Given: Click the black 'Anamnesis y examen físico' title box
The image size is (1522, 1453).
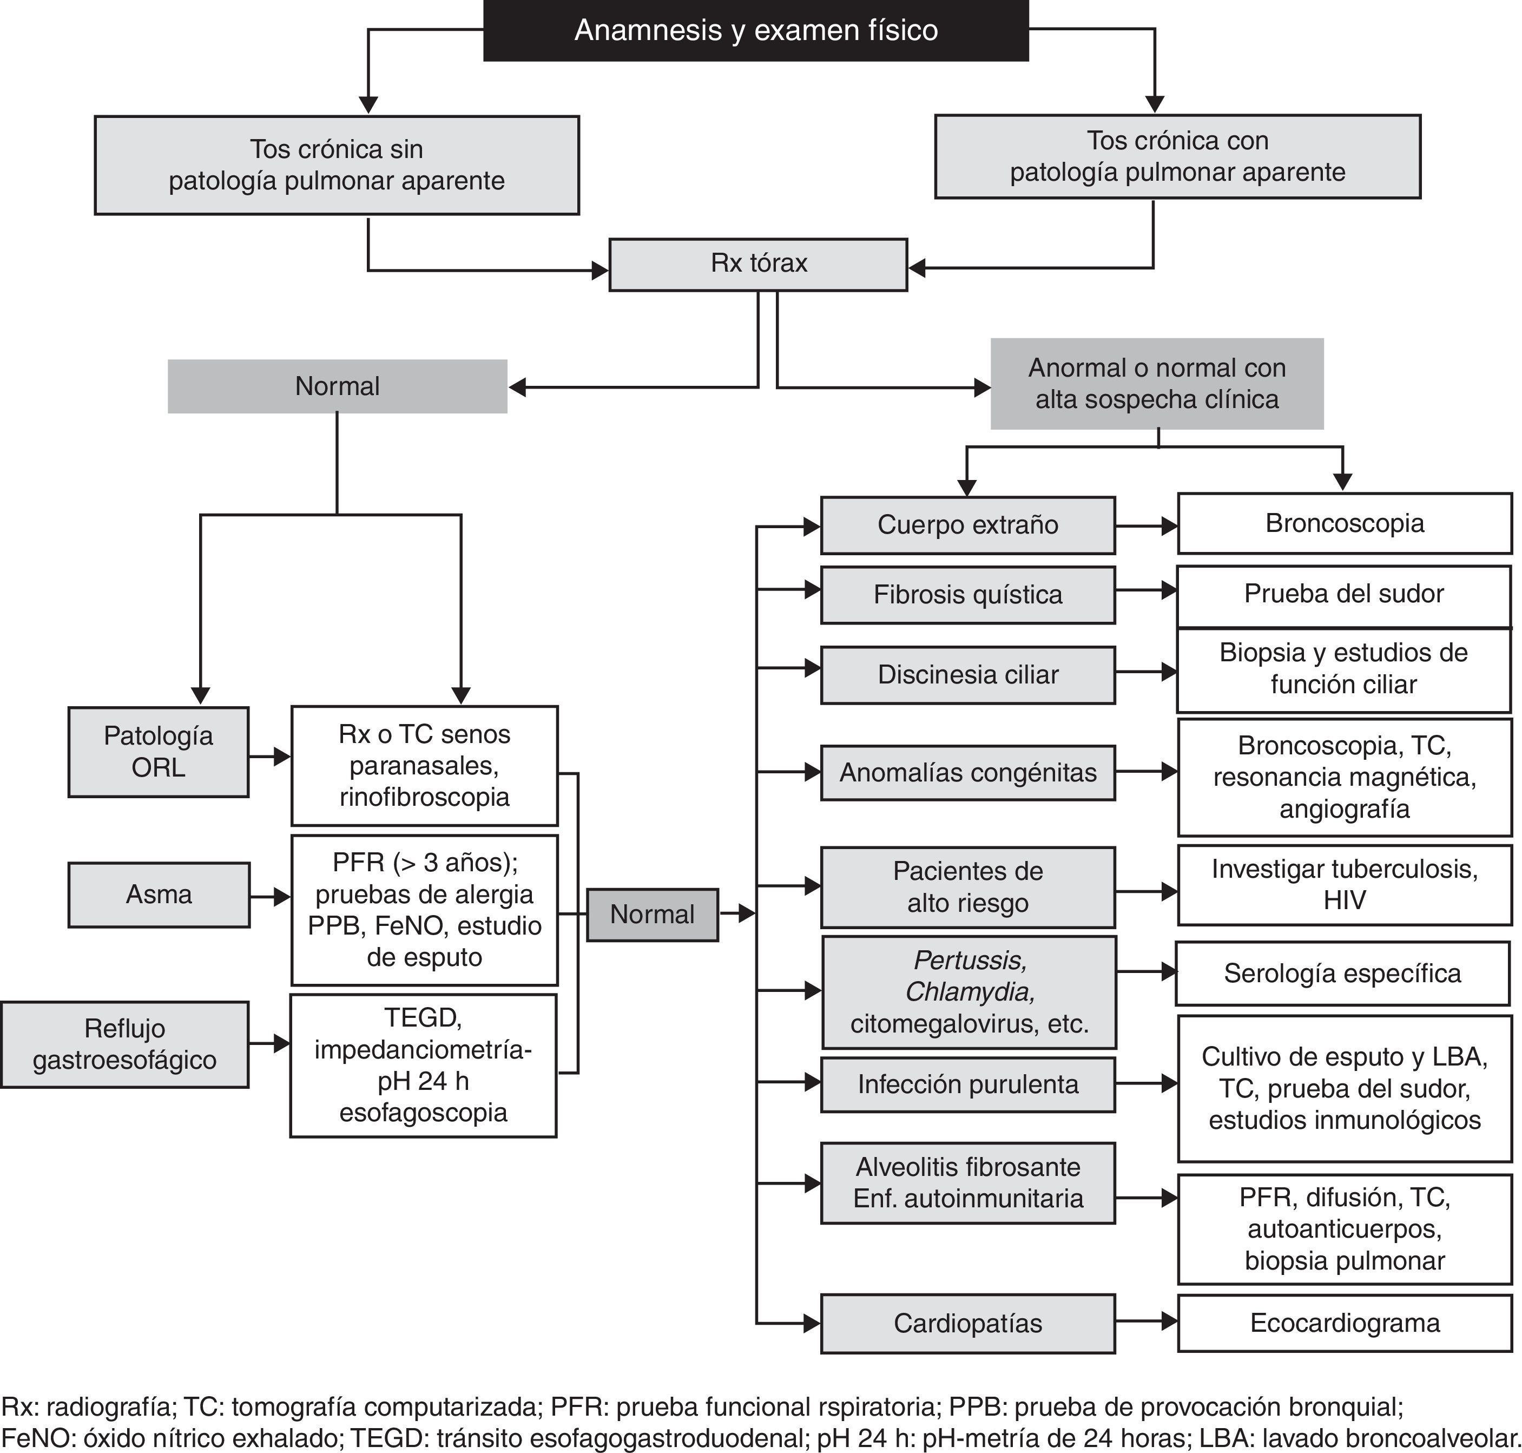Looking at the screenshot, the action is pos(756,30).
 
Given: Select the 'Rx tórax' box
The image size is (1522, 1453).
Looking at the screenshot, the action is pos(758,264).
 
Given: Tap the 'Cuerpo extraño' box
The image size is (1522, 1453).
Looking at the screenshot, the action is pos(968,525).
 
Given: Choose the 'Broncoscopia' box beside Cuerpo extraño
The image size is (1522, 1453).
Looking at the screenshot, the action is pos(1345,524).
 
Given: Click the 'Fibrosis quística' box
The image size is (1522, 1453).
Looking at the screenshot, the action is pos(968,595).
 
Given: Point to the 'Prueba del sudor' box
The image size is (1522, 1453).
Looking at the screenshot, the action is pos(1344,595).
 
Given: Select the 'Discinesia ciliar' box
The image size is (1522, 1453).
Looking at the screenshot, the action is pos(968,675).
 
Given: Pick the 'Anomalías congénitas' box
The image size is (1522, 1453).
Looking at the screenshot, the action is pos(968,772).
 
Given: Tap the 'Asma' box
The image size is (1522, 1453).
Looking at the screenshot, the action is pos(159,895).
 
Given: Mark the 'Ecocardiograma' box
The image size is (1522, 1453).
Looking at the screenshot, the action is pos(1345,1323).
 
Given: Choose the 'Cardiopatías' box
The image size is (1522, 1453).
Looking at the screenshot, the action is pos(968,1324).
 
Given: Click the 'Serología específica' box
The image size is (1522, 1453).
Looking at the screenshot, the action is pos(1342,974).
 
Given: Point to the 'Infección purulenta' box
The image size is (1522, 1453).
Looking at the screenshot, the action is pos(968,1084).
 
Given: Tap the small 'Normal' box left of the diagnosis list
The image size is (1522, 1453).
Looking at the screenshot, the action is pos(652,915).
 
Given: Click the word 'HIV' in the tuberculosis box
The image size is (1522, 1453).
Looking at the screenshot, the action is pos(1345,900).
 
